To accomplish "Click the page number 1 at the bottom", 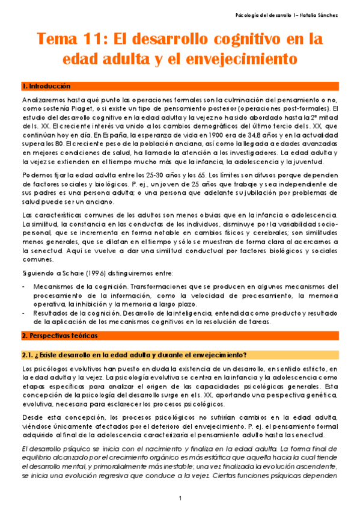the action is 180,499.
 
